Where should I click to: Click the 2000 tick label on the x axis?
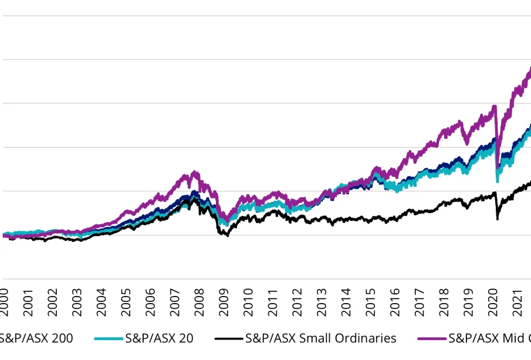4,301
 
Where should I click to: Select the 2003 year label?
77,301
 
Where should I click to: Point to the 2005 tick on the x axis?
126,301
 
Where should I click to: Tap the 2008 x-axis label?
199,301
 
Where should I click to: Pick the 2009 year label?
224,301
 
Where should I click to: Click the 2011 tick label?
273,301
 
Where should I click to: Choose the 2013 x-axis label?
322,301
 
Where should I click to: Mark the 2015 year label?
371,301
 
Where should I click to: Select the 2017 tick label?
420,301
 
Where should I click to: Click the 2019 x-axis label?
469,301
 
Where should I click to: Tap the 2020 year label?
493,301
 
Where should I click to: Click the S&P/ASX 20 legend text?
159,338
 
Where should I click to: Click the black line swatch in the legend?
228,339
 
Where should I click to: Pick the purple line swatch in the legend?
431,339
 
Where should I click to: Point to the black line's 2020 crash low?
498,219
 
